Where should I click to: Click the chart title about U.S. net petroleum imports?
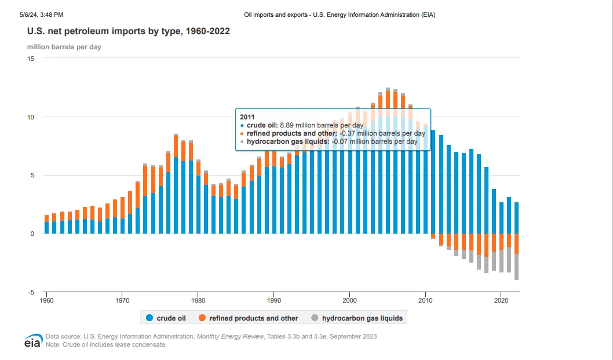pyautogui.click(x=129, y=31)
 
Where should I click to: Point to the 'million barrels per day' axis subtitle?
pyautogui.click(x=64, y=47)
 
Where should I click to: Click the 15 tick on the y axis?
pyautogui.click(x=31, y=59)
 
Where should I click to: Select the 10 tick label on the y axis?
pyautogui.click(x=31, y=117)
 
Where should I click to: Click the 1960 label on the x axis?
pyautogui.click(x=46, y=301)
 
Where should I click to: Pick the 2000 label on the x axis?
pyautogui.click(x=349, y=301)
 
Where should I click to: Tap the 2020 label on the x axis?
pyautogui.click(x=501, y=301)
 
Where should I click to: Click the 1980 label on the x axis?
pyautogui.click(x=198, y=301)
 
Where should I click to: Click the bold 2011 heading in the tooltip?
pyautogui.click(x=247, y=117)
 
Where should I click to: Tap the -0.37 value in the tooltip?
pyautogui.click(x=348, y=133)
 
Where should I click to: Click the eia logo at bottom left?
pyautogui.click(x=33, y=341)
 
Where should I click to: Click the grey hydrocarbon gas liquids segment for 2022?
pyautogui.click(x=516, y=267)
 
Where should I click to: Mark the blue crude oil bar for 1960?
pyautogui.click(x=47, y=228)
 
